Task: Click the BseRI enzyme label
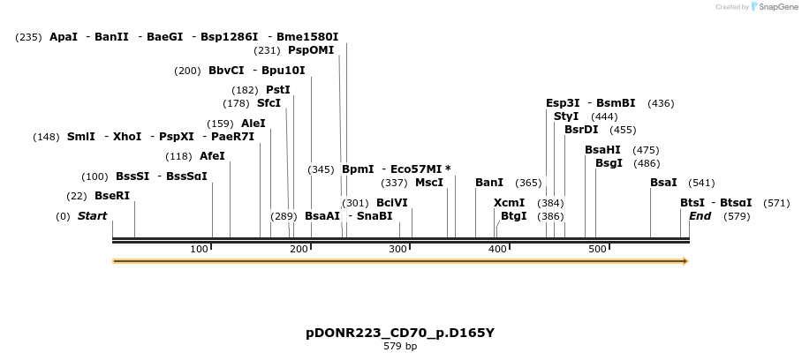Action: point(112,196)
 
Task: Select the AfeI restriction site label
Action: point(212,156)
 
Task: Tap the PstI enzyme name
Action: point(278,90)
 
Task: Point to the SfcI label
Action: point(269,103)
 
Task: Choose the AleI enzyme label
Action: point(253,124)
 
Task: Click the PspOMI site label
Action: point(311,50)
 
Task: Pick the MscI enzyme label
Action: point(429,183)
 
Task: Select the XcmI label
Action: point(509,203)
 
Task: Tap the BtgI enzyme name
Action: point(513,216)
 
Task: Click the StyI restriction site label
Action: point(566,116)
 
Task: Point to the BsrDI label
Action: point(581,130)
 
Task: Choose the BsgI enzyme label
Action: point(609,163)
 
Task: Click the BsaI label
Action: point(663,183)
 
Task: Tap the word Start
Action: point(92,216)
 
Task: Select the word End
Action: point(700,216)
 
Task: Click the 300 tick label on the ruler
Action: point(398,249)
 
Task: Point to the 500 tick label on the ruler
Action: point(597,249)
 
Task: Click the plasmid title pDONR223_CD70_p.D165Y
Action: point(400,334)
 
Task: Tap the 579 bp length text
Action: point(400,347)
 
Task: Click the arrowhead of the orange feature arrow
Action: point(684,261)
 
